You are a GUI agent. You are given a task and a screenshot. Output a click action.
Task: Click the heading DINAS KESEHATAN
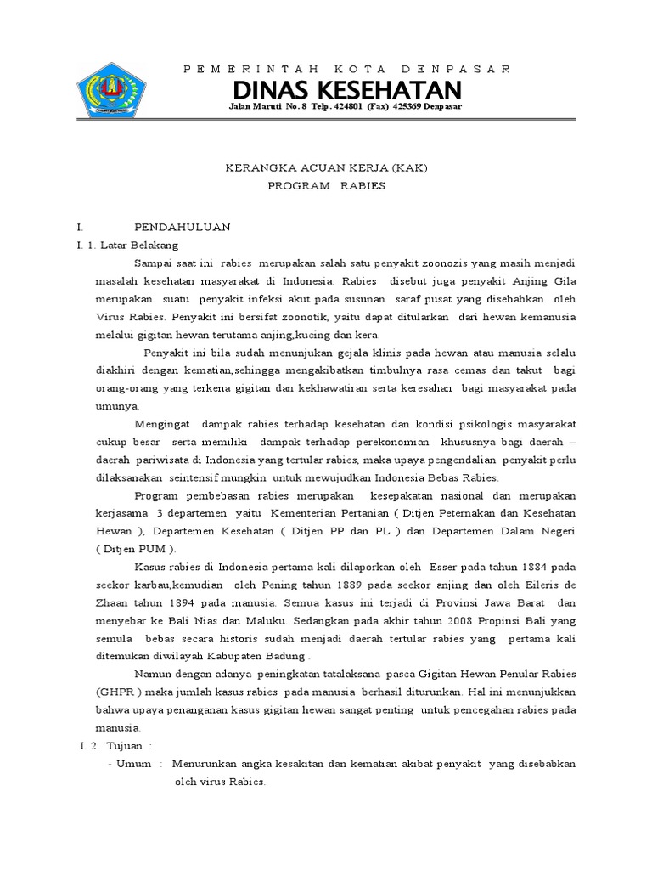[348, 90]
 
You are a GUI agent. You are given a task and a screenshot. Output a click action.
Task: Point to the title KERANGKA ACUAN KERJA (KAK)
[326, 168]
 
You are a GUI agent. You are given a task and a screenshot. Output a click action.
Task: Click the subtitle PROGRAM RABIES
[326, 185]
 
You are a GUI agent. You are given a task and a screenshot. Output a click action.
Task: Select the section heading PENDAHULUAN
[183, 228]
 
